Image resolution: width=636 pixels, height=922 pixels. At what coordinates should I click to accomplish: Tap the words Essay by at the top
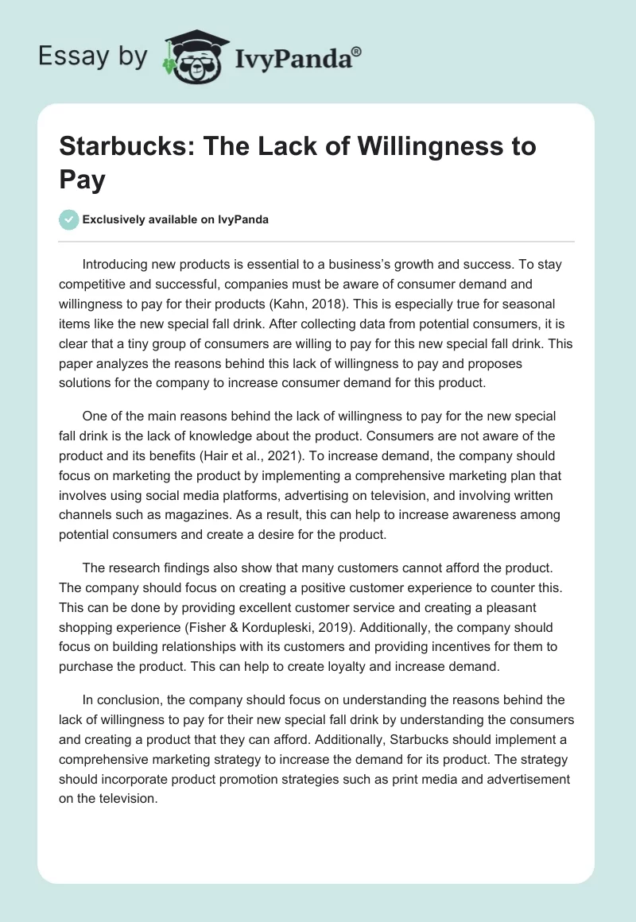tap(92, 57)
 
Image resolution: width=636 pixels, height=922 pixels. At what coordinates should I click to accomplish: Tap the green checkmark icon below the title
tap(69, 219)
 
